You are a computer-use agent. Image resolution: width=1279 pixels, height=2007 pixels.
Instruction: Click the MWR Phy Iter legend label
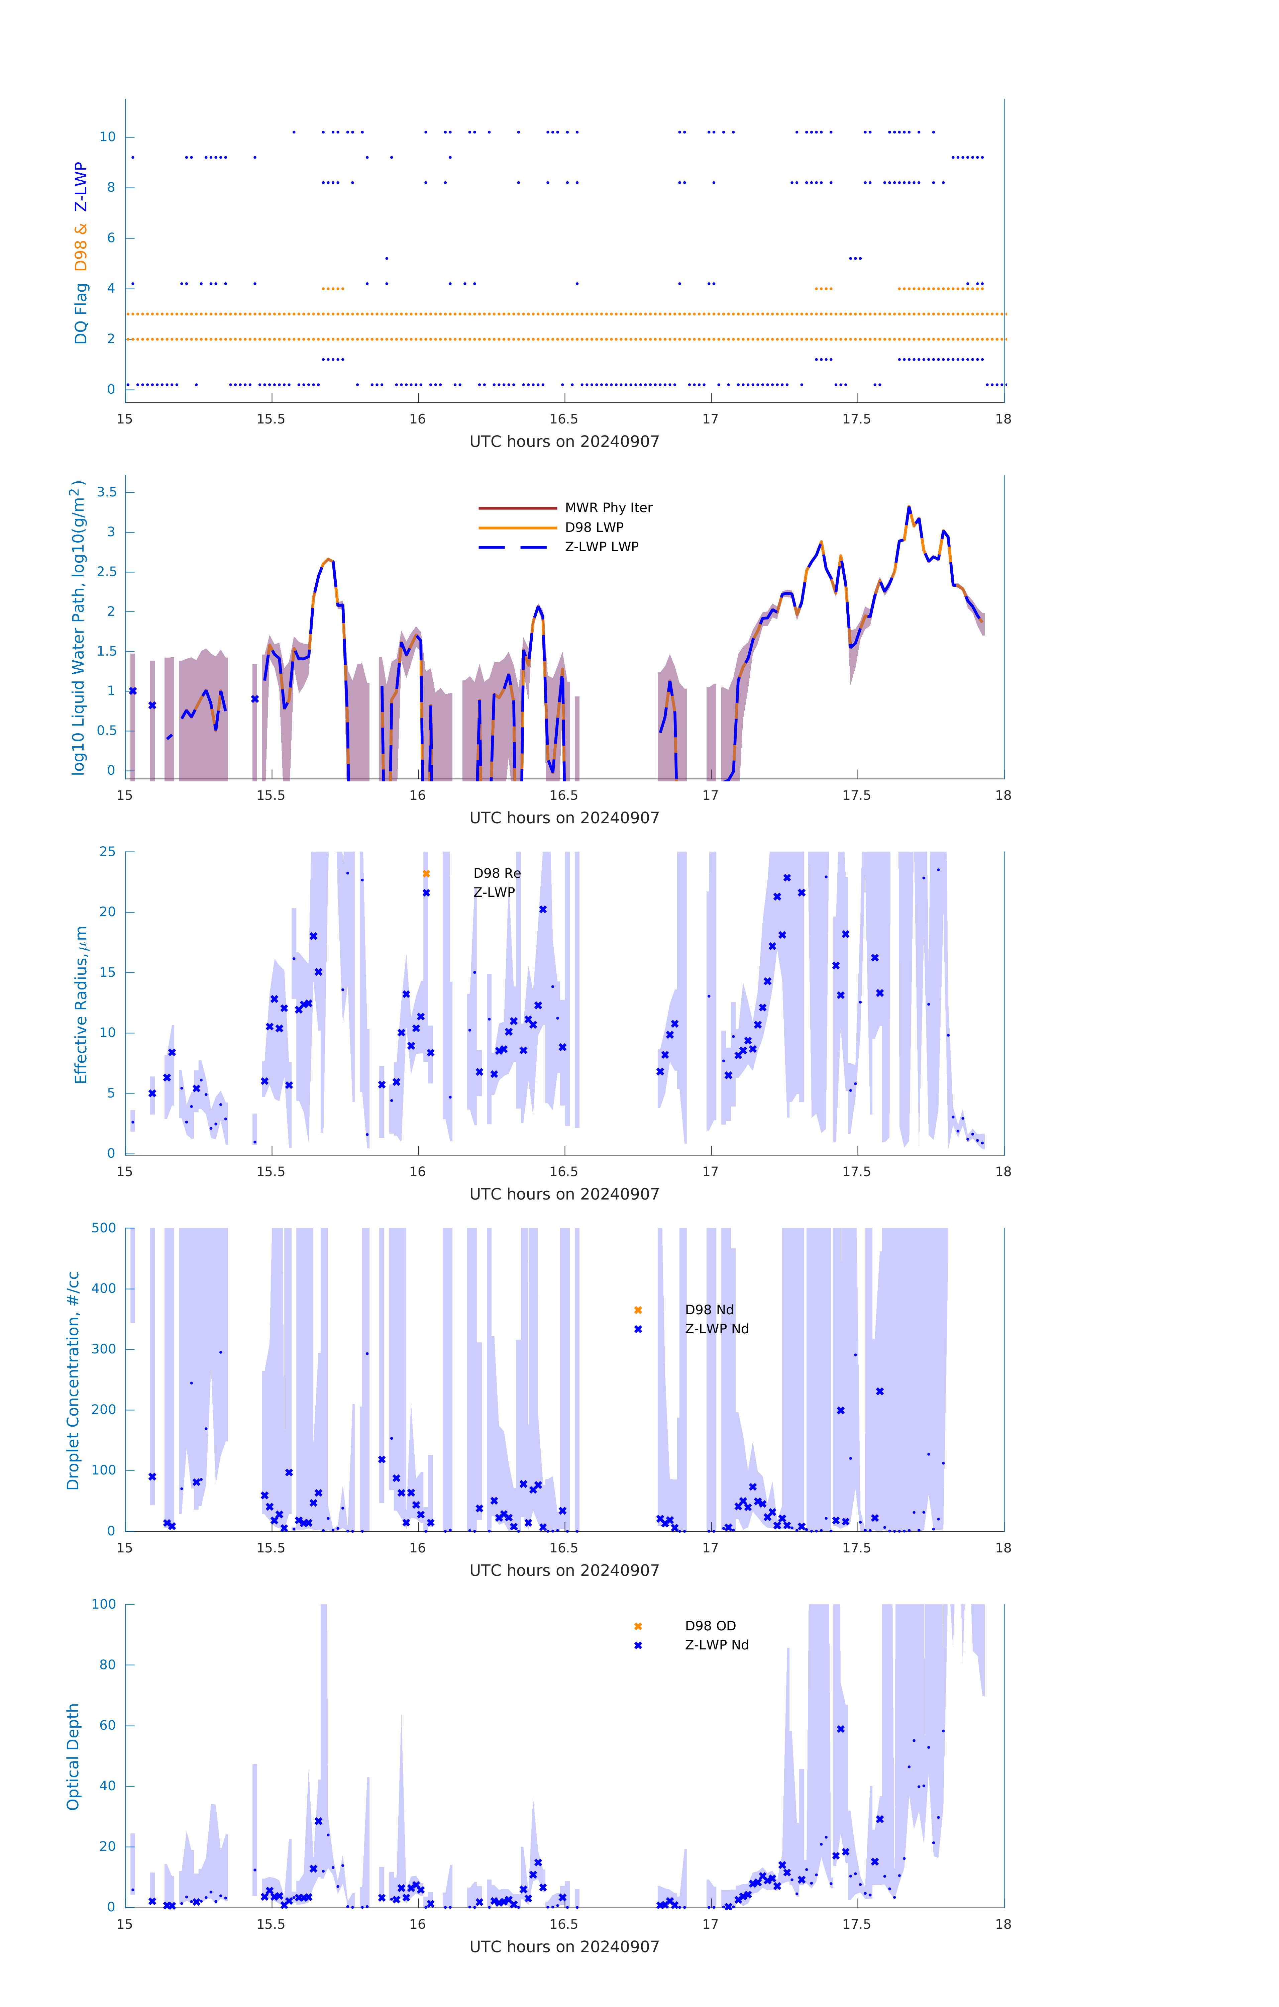608,507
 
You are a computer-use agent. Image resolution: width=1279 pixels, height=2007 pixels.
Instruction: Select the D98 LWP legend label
594,528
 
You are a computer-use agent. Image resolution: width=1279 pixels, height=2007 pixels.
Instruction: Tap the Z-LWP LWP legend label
602,547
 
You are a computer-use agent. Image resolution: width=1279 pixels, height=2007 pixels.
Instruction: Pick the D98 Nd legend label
709,1310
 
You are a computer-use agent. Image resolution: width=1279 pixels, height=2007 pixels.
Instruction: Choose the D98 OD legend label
710,1626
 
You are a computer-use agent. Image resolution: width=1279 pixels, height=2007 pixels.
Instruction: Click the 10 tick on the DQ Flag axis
107,137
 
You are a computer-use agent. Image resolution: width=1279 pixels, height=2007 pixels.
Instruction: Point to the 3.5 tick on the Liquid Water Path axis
107,493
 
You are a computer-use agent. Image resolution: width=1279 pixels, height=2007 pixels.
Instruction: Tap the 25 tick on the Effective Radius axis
107,852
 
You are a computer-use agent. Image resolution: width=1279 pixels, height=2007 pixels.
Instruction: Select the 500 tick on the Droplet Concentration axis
104,1229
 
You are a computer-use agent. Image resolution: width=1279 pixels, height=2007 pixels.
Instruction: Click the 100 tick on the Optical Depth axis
104,1605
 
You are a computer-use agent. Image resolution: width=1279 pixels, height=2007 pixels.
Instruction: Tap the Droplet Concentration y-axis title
73,1381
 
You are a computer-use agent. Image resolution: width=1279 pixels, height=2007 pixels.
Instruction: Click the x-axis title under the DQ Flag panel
564,442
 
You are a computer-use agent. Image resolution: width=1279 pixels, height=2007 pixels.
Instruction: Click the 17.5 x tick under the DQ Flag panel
857,419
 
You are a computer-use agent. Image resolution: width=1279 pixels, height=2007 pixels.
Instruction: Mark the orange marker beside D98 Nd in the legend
638,1310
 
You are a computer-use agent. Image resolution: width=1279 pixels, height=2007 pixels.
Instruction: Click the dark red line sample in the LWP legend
517,507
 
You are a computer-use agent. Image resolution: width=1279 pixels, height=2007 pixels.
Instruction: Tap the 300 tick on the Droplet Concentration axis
104,1349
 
